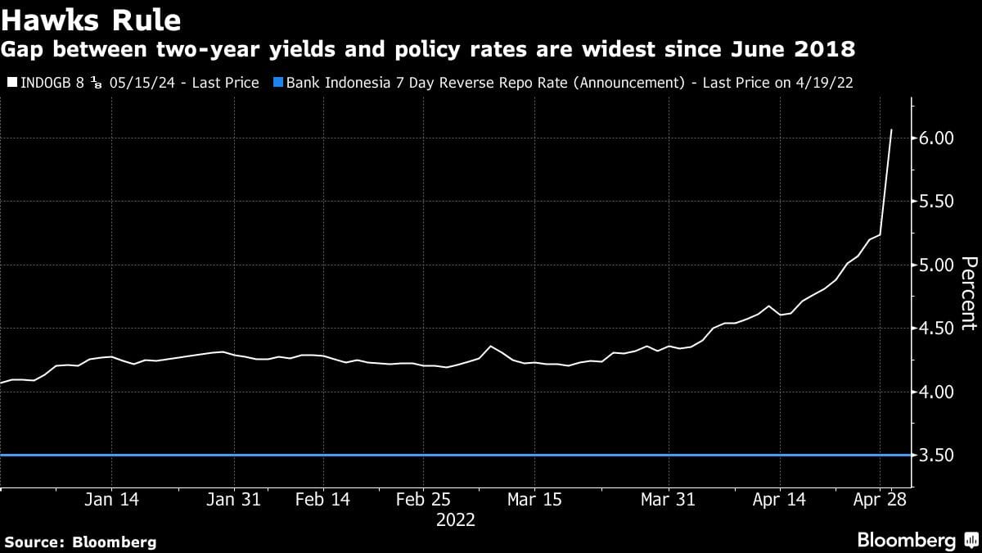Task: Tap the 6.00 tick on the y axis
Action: click(x=937, y=138)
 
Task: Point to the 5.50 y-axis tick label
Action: click(x=937, y=202)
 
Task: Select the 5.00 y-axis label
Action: click(x=937, y=265)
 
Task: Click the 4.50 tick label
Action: click(x=937, y=329)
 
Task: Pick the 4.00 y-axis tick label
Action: click(x=937, y=392)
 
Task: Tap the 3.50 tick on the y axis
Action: click(x=937, y=456)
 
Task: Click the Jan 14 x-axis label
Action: click(x=112, y=500)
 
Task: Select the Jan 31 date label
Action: click(x=234, y=500)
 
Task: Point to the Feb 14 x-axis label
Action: click(x=322, y=500)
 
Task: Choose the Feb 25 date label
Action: click(x=422, y=500)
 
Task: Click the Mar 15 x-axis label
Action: click(x=534, y=500)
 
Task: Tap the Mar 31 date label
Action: click(x=668, y=500)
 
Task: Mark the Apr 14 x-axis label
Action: click(x=778, y=500)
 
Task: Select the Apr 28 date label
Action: click(x=880, y=500)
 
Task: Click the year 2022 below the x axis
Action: click(x=456, y=520)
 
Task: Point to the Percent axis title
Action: click(x=969, y=292)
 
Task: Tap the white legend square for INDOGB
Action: click(x=11, y=83)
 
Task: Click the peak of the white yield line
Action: click(x=891, y=129)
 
